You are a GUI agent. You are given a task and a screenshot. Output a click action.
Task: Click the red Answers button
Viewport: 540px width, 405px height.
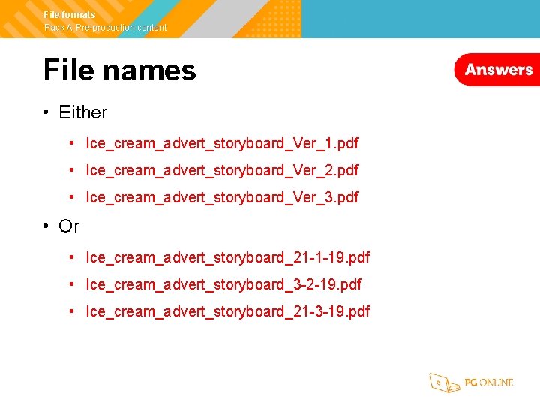coord(497,70)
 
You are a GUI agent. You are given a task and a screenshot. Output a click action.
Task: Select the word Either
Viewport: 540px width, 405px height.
coord(82,112)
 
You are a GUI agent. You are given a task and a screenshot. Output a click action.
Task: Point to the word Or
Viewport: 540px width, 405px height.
coord(69,226)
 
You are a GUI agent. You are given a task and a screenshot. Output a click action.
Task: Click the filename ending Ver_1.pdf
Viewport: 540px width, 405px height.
coord(222,142)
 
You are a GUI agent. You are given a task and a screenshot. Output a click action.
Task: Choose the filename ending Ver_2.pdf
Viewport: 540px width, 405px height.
coord(222,170)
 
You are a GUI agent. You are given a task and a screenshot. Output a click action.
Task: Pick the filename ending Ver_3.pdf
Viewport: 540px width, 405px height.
coord(222,197)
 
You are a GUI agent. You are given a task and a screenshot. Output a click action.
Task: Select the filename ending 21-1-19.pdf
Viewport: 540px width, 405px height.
coord(228,257)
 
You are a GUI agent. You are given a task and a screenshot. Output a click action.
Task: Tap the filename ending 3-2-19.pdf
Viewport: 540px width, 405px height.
coord(223,284)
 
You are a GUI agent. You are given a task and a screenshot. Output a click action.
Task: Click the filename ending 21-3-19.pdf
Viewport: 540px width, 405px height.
coord(228,311)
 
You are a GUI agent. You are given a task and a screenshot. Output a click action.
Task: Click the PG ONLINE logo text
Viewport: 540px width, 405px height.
coord(488,382)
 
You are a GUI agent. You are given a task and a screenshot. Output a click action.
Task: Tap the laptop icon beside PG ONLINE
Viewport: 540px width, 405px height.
coord(443,382)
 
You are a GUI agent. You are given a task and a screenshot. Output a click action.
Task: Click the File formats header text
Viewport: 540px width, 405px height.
coord(70,15)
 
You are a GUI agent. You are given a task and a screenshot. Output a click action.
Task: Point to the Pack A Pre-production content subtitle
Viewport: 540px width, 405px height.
coord(105,28)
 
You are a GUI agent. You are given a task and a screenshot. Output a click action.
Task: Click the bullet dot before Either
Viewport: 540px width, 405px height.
coord(46,112)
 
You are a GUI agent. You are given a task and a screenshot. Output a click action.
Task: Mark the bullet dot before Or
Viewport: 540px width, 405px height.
coord(46,226)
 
